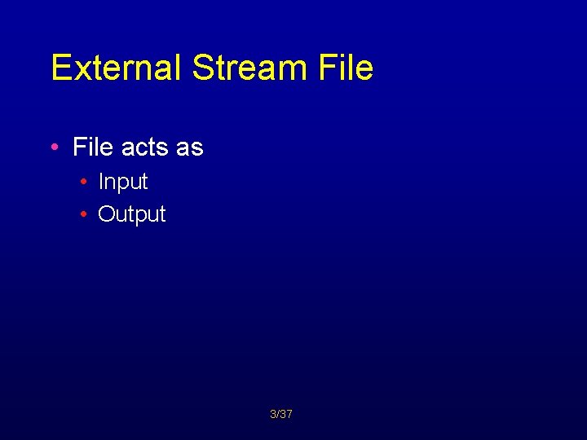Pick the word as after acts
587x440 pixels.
pyautogui.click(x=189, y=147)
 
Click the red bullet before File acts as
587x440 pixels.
pyautogui.click(x=54, y=147)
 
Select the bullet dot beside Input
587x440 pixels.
pyautogui.click(x=85, y=182)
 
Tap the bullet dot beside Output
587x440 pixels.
pyautogui.click(x=85, y=214)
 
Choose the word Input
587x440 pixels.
pyautogui.click(x=123, y=183)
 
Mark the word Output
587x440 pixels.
pyautogui.click(x=132, y=214)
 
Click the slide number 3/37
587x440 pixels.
pyautogui.click(x=281, y=414)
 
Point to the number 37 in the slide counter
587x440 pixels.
pyautogui.click(x=286, y=414)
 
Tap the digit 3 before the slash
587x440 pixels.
pyautogui.click(x=272, y=414)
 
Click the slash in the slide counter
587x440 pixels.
pyautogui.click(x=277, y=414)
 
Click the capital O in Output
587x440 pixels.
pyautogui.click(x=105, y=214)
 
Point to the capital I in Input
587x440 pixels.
pyautogui.click(x=101, y=182)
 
